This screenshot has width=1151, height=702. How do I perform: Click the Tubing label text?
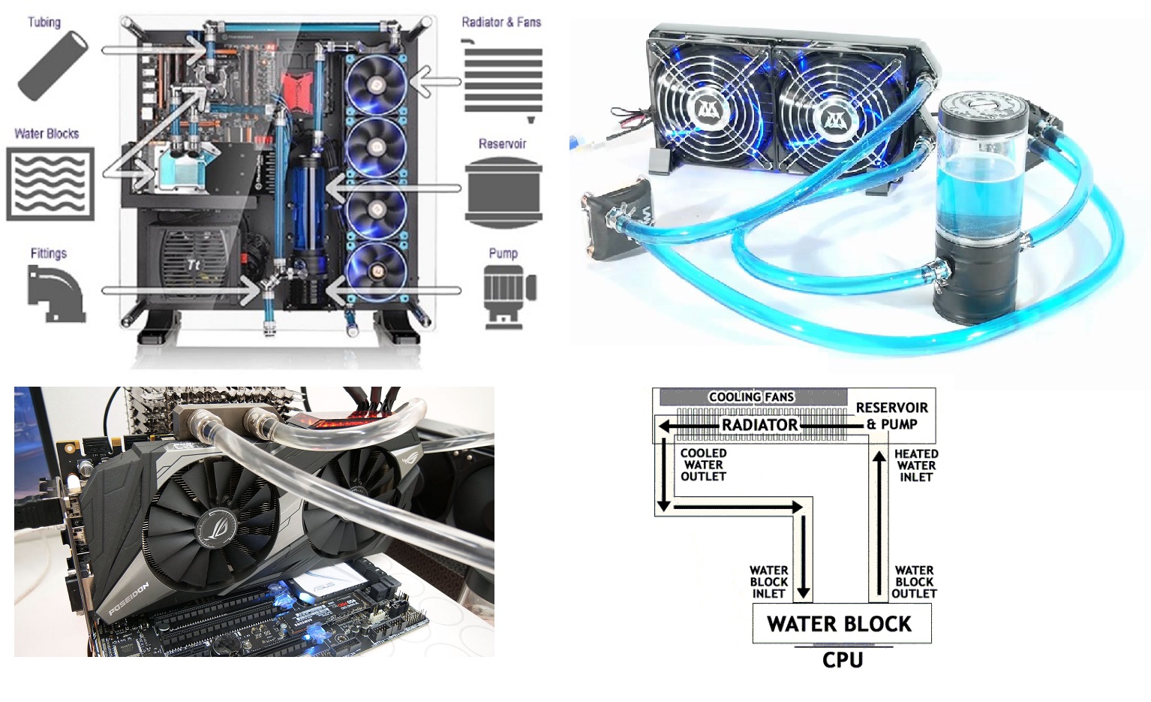pyautogui.click(x=44, y=22)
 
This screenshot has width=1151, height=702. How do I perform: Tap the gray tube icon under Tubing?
pyautogui.click(x=53, y=66)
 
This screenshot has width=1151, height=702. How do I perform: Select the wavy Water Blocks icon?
pyautogui.click(x=50, y=184)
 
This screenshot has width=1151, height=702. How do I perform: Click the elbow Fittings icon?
pyautogui.click(x=56, y=294)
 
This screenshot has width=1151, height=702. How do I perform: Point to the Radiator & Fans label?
pyautogui.click(x=501, y=22)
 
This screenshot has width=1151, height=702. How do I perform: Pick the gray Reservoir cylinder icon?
pyautogui.click(x=503, y=192)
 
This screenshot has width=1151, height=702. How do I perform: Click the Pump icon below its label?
pyautogui.click(x=509, y=297)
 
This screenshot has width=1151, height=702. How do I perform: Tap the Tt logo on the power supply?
pyautogui.click(x=193, y=265)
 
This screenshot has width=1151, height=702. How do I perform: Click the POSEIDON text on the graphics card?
pyautogui.click(x=129, y=599)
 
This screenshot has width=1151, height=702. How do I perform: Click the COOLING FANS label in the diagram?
pyautogui.click(x=751, y=397)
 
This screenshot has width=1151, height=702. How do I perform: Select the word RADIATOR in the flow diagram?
pyautogui.click(x=759, y=425)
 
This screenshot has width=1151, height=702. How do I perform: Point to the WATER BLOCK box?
pyautogui.click(x=842, y=623)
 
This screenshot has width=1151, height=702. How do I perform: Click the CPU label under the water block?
pyautogui.click(x=843, y=660)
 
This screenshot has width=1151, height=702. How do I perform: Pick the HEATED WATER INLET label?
pyautogui.click(x=916, y=465)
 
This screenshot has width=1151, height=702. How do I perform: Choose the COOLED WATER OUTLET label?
pyautogui.click(x=704, y=465)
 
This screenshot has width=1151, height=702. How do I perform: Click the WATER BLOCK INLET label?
pyautogui.click(x=768, y=582)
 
